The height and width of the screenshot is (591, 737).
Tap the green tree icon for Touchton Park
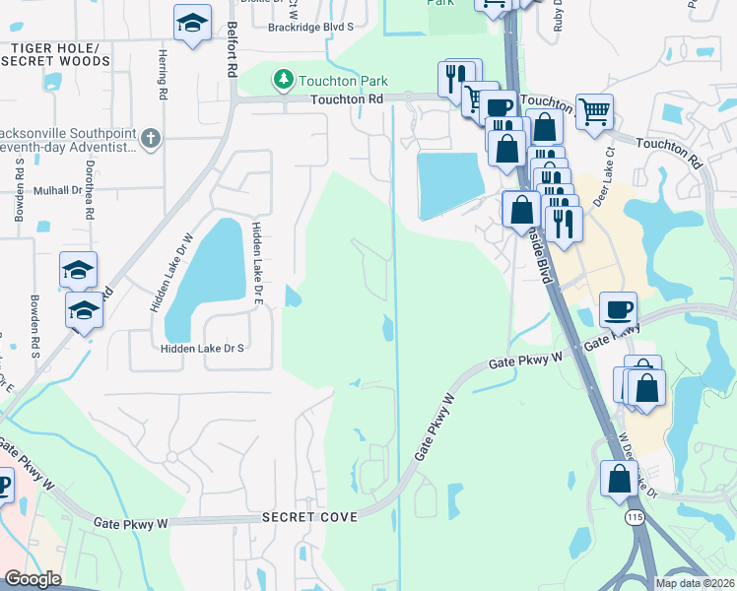(284, 78)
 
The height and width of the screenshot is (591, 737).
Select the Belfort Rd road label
(233, 50)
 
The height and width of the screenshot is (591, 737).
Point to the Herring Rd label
(161, 75)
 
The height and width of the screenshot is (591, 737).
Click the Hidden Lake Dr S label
(202, 349)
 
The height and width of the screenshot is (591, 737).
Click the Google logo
(33, 579)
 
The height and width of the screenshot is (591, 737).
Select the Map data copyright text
(695, 583)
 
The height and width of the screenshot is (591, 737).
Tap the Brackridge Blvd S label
(324, 27)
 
